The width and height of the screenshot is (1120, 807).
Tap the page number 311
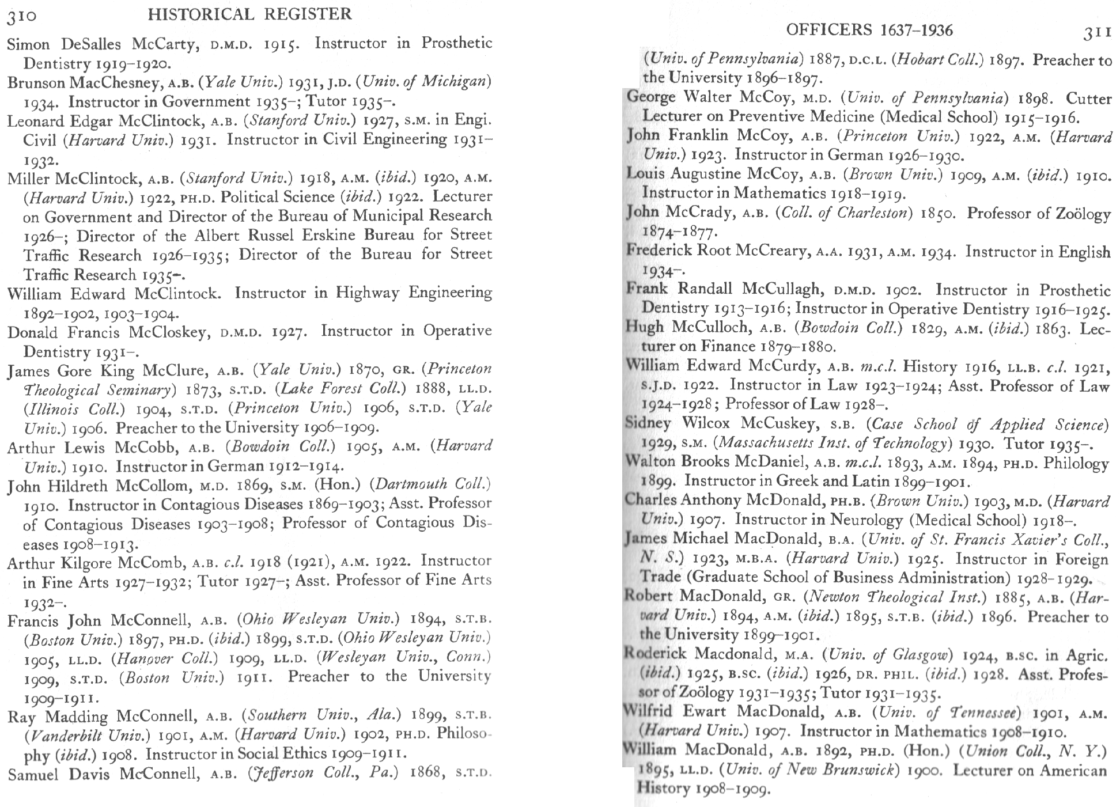coord(1096,33)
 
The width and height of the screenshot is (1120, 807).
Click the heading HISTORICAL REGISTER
coord(249,14)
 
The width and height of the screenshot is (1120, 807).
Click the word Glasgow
coord(921,655)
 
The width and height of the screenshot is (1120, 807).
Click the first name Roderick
coord(655,654)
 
